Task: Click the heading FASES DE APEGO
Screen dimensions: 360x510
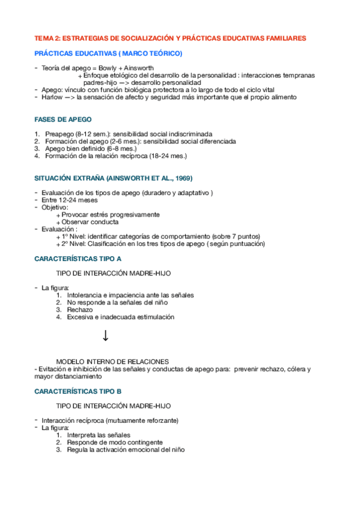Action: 63,119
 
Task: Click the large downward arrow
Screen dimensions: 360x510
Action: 105,336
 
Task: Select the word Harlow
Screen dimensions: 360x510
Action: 52,97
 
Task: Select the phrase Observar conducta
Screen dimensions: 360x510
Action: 90,221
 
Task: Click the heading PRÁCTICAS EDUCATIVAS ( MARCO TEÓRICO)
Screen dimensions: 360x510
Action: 108,54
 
